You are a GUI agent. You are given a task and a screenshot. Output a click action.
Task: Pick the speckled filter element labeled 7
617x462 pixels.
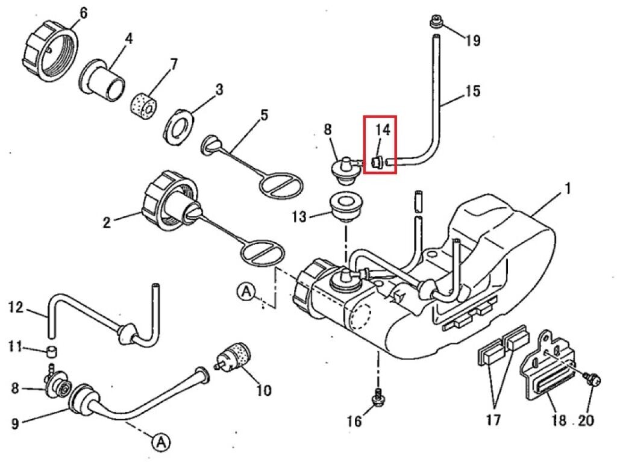click(143, 105)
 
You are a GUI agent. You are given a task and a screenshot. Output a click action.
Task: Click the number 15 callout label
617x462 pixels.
click(473, 92)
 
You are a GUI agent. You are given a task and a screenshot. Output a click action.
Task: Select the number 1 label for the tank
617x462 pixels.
click(567, 189)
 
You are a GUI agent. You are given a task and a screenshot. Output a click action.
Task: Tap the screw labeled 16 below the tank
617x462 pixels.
click(378, 399)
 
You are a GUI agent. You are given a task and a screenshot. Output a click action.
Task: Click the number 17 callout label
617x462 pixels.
click(492, 419)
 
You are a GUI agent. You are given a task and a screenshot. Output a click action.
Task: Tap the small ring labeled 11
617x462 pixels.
click(53, 351)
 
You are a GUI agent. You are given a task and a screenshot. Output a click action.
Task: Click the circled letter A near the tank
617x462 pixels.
click(246, 292)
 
